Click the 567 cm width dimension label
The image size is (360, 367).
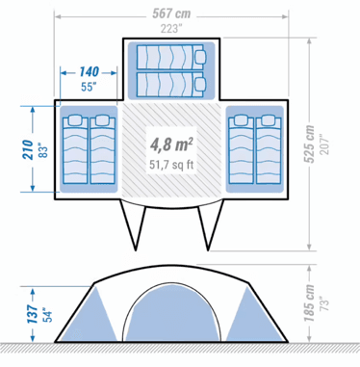tap(171, 13)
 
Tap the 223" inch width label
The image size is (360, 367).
tap(171, 29)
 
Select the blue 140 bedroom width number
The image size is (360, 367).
tap(89, 72)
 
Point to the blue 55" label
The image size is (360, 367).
tap(89, 87)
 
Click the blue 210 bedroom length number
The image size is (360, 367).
tap(28, 149)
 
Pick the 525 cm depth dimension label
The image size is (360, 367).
tap(309, 144)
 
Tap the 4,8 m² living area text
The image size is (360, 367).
tap(171, 144)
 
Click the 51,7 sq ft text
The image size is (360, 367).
tap(171, 165)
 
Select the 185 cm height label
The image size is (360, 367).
tap(309, 303)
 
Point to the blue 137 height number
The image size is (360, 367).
tap(32, 314)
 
